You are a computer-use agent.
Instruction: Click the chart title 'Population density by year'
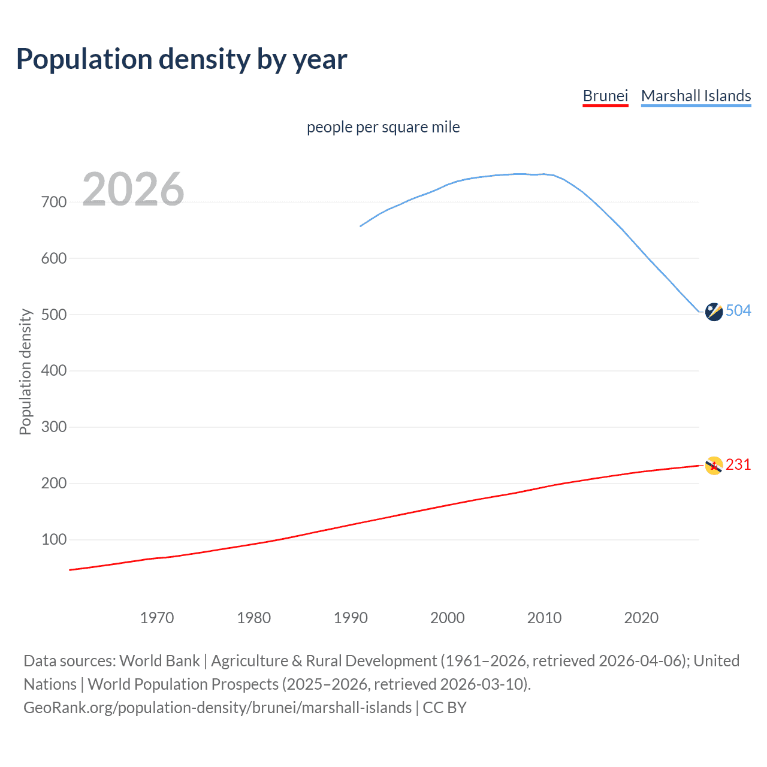[182, 59]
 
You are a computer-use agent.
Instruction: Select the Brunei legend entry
[605, 96]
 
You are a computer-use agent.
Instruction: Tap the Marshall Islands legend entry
[696, 96]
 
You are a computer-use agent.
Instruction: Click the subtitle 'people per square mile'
[383, 127]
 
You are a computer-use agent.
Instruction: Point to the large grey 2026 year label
[133, 189]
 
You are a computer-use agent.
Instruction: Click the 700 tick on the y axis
[54, 203]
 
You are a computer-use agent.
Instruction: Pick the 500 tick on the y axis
[54, 315]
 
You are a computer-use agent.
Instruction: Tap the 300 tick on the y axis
[54, 427]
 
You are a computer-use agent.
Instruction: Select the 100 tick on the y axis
[54, 540]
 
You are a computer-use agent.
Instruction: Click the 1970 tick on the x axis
[157, 618]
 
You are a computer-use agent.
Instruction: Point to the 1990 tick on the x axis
[351, 618]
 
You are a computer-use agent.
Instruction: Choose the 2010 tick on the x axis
[544, 618]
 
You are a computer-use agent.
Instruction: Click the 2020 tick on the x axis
[641, 618]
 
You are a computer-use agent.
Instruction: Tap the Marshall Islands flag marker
[714, 312]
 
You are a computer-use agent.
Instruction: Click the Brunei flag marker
[714, 466]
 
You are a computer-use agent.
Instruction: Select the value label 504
[738, 310]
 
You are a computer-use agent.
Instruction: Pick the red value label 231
[738, 464]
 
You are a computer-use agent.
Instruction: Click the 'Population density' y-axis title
[25, 372]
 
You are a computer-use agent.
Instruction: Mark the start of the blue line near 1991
[361, 226]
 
